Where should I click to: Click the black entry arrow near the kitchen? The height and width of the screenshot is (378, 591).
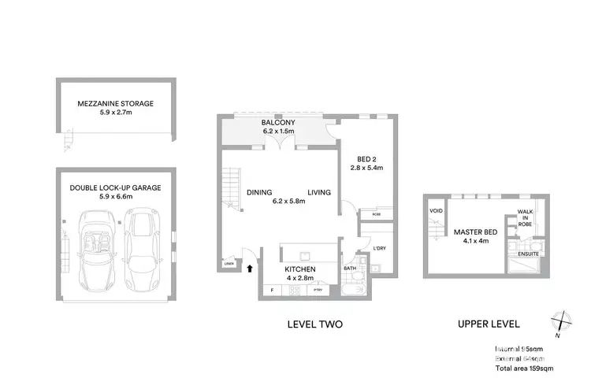point(251,268)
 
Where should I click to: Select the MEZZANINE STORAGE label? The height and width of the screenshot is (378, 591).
point(116,103)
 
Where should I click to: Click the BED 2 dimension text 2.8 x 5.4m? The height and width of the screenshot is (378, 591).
point(366,167)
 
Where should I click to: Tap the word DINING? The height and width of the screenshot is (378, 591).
point(259,192)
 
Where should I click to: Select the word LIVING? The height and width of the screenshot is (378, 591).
point(318,192)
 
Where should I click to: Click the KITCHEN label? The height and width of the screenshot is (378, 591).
point(299,269)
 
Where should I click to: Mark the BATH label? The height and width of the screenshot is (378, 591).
point(350,269)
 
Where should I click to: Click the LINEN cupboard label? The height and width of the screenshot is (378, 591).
point(229,265)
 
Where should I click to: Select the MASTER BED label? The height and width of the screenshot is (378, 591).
point(471,232)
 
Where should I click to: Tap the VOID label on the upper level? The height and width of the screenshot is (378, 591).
point(436,211)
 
